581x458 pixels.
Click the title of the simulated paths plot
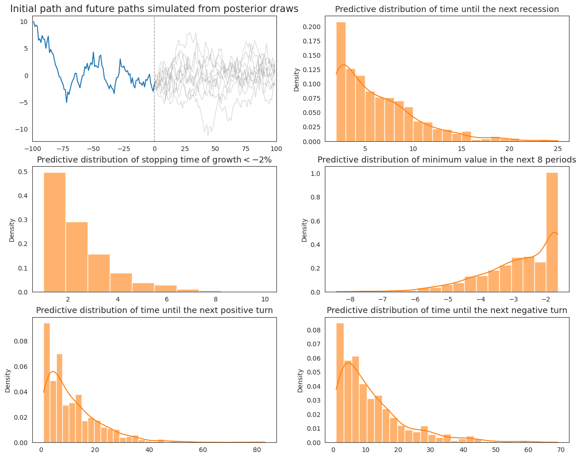(154, 9)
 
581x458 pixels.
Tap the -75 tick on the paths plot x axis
(63, 149)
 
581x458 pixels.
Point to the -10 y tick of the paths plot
(23, 130)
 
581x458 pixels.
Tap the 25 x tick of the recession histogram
(557, 149)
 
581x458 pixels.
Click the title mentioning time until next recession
(447, 9)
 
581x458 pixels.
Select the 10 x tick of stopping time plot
(265, 299)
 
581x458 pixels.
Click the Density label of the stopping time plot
(12, 230)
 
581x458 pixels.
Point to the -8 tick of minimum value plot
(350, 299)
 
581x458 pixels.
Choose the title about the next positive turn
(154, 310)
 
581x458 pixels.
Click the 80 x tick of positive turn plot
(257, 450)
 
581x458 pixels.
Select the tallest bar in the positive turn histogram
(47, 383)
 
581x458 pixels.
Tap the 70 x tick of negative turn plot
(561, 450)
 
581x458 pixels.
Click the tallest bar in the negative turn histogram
(340, 383)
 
